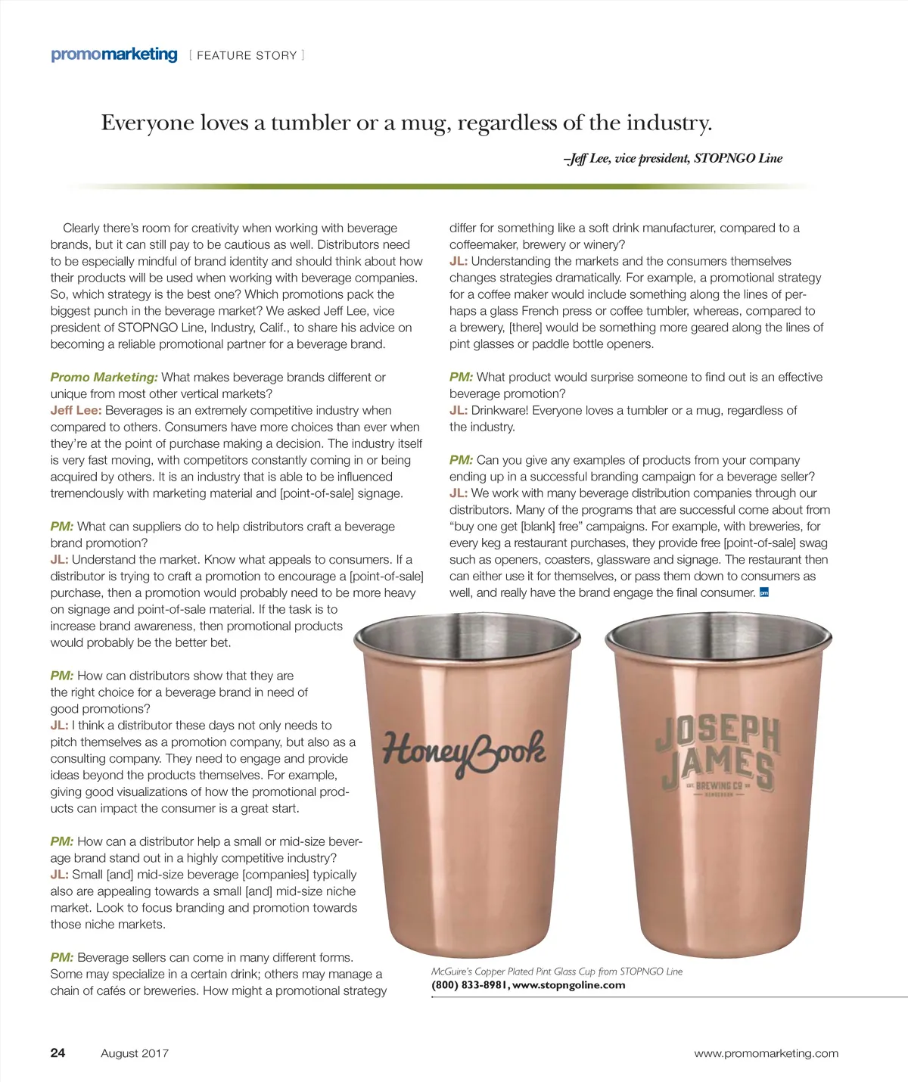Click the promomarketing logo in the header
click(x=113, y=54)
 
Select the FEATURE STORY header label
click(x=247, y=55)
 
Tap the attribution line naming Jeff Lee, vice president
click(x=673, y=158)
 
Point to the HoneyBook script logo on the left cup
click(x=463, y=751)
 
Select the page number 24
click(x=58, y=1052)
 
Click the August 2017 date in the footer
click(x=135, y=1053)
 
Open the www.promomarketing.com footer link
click(x=766, y=1053)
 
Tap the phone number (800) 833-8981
click(x=469, y=985)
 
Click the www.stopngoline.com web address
click(x=569, y=985)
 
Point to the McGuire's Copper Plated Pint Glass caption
click(x=556, y=972)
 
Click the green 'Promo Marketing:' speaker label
click(x=104, y=377)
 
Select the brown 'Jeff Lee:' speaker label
click(x=76, y=410)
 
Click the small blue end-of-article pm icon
click(x=764, y=592)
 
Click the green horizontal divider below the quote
click(x=446, y=186)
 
